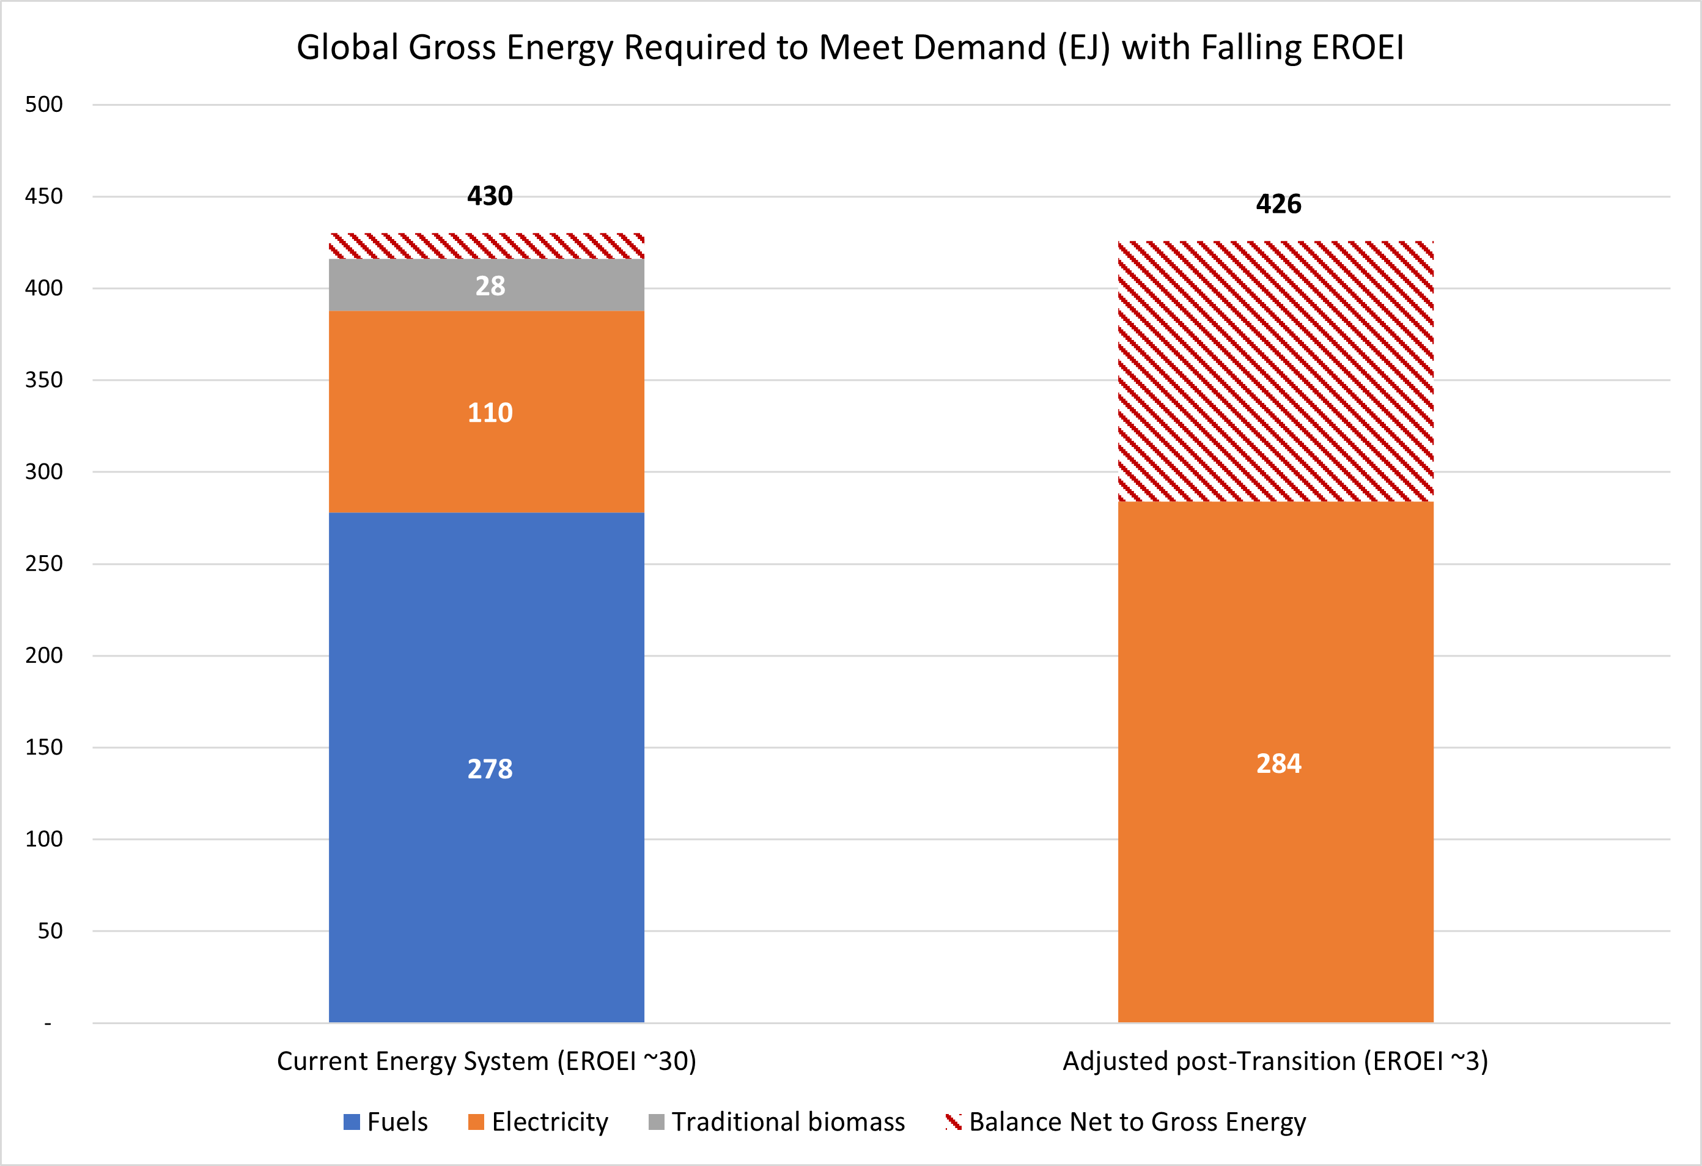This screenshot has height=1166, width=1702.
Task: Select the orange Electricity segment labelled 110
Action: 486,411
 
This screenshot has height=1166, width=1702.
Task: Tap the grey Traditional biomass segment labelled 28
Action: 486,285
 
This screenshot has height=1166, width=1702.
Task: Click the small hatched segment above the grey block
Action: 486,246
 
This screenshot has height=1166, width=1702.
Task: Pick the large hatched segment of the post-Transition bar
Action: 1275,371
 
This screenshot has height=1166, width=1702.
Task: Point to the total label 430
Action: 490,196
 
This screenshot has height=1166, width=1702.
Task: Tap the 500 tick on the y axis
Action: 44,104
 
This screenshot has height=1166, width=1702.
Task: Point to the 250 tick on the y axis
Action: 44,563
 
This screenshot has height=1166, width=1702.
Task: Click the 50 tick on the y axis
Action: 50,931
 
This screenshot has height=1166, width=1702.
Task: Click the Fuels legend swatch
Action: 352,1121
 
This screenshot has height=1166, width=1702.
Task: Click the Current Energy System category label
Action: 486,1061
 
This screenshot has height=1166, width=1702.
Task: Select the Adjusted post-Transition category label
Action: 1275,1061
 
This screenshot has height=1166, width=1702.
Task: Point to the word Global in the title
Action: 347,48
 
